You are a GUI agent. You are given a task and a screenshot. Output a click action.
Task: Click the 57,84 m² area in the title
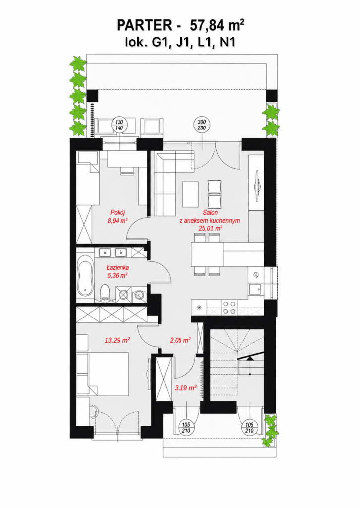coord(217,26)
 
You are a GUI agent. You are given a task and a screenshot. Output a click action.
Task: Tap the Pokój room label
coord(118,213)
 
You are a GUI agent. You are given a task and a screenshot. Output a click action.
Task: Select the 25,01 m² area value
coord(210,228)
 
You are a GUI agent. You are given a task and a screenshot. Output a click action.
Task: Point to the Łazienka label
coord(118,267)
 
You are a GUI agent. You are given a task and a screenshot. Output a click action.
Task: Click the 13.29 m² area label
coord(117,340)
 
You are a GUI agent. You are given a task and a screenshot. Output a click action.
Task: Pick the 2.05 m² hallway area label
coord(180,340)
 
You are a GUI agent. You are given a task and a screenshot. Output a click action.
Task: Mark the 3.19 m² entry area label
coord(186,388)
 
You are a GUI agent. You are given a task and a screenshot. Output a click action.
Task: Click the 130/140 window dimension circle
coord(119,125)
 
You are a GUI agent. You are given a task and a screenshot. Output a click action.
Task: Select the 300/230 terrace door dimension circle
coord(202,125)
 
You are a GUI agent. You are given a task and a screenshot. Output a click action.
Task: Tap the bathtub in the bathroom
coord(85,275)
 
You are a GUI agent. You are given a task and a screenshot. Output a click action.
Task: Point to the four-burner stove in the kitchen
coord(229,308)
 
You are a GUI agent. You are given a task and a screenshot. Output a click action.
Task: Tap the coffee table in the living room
coord(191,194)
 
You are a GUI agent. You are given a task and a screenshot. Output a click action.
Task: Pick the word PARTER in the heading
coord(144,26)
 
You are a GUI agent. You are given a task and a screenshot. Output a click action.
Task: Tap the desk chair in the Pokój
coord(127,171)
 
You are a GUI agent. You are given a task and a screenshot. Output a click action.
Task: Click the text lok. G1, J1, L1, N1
coord(180,42)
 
